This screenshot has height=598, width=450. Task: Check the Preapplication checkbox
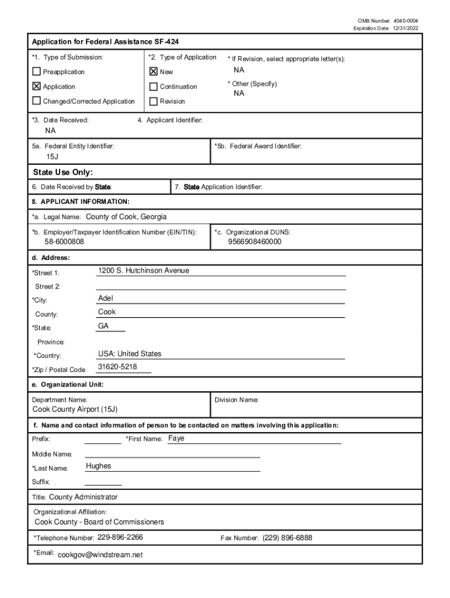point(37,72)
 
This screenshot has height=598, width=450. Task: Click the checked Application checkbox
point(37,86)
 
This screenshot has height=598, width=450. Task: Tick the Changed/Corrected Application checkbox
point(37,101)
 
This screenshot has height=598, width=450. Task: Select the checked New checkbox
point(154,72)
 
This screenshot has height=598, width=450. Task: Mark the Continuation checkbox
point(154,86)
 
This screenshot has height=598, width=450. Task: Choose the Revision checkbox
point(154,101)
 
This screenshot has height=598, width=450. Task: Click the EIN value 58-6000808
point(64,242)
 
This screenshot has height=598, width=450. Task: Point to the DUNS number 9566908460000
point(254,242)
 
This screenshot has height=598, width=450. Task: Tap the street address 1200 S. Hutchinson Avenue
point(144,271)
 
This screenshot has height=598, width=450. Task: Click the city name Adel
point(106,298)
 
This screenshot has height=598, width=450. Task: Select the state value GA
point(103,326)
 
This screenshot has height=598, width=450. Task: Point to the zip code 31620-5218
point(117,367)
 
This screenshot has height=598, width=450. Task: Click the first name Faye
point(176,438)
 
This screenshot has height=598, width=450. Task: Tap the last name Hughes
point(98,466)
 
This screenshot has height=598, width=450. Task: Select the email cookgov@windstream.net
point(101,555)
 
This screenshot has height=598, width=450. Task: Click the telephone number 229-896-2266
point(120,537)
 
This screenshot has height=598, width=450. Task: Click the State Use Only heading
point(63,172)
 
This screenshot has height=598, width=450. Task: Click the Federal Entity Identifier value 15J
point(53,158)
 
